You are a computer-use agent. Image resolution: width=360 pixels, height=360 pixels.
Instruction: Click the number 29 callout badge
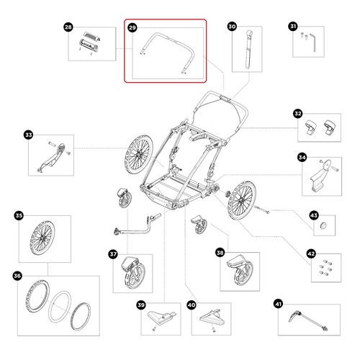click(132, 27)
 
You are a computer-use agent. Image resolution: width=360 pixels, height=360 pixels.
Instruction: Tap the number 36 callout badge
click(17, 276)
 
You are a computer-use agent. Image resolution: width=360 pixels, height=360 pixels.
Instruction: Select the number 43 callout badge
click(314, 215)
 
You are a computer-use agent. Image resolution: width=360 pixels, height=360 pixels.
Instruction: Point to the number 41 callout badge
click(278, 304)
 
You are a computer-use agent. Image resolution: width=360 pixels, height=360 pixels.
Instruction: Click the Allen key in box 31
click(313, 42)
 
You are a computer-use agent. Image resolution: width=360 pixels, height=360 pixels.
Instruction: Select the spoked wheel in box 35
click(42, 238)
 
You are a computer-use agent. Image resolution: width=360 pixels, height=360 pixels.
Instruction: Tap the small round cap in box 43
click(324, 225)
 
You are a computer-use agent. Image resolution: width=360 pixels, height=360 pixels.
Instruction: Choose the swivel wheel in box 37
click(132, 273)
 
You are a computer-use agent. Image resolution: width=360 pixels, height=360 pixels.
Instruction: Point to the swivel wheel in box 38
click(240, 270)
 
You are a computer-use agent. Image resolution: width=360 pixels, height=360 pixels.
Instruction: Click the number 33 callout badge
click(28, 135)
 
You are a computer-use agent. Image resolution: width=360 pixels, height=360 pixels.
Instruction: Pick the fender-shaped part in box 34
click(320, 176)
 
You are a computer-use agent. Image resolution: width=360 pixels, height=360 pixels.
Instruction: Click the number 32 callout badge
click(298, 114)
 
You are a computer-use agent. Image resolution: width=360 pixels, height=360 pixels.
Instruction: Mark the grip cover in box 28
click(89, 45)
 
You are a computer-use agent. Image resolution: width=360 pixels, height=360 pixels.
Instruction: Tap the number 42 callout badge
click(311, 253)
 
